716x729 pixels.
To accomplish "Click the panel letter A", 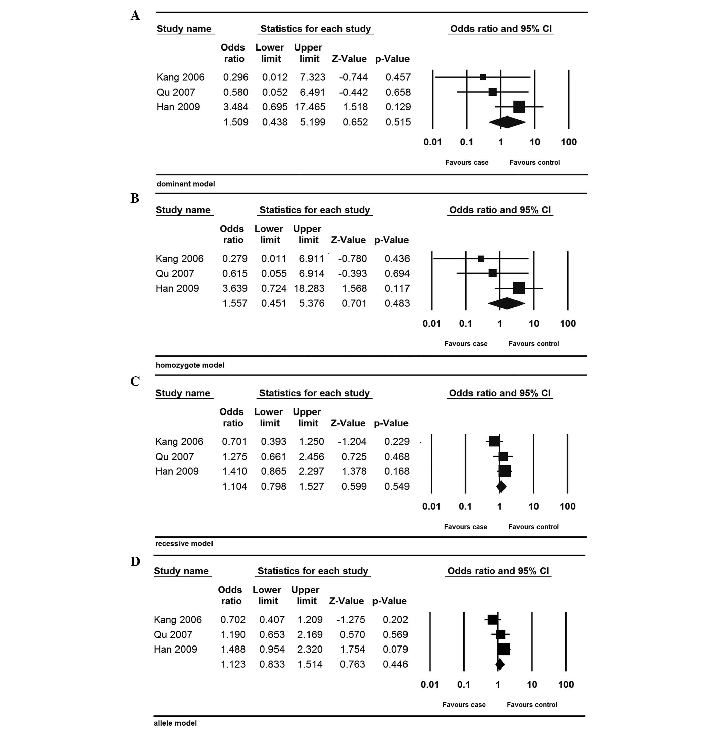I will (135, 15).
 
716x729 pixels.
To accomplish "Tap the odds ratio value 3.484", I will (235, 107).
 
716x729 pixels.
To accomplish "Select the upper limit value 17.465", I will (310, 107).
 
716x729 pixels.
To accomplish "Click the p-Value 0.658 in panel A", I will (398, 92).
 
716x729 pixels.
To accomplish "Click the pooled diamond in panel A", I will (507, 122).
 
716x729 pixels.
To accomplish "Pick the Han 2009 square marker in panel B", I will (519, 288).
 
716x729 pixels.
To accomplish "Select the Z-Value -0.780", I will (352, 259).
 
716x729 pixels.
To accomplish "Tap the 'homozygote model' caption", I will (190, 365).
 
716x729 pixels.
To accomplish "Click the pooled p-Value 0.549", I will (397, 486).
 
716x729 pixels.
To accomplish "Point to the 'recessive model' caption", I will (184, 544).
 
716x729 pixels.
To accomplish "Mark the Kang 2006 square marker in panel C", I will (494, 441).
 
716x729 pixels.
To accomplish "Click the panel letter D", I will (135, 561).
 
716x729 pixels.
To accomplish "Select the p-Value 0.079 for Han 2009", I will (395, 649).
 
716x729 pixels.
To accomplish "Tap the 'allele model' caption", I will (175, 723).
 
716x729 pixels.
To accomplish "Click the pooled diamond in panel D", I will (500, 664).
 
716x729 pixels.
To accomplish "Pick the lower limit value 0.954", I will (272, 649).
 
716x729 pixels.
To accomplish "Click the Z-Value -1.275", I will (351, 619).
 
